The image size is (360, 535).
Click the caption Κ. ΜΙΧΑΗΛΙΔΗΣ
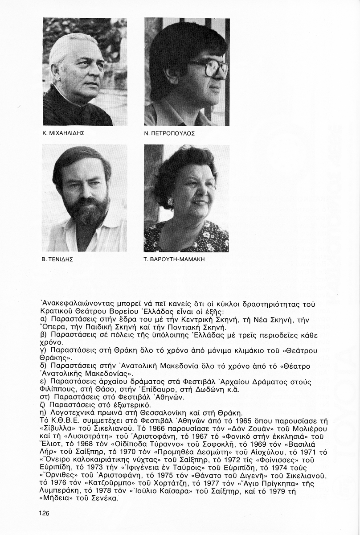63,133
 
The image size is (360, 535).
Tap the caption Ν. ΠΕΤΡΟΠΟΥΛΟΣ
170,133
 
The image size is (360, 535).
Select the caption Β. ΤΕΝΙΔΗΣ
57,259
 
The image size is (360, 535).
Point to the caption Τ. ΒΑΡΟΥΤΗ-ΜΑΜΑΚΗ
174,259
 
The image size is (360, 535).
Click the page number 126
43,513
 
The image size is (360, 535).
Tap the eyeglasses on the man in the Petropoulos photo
212,67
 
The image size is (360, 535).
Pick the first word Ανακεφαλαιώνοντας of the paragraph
76,303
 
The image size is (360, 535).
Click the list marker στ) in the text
44,397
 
